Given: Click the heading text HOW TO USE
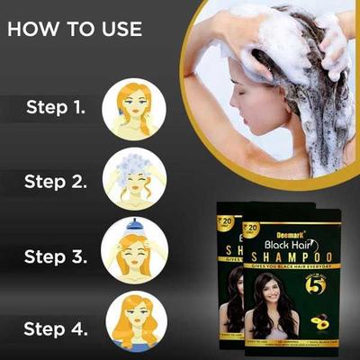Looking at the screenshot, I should coord(76,28).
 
